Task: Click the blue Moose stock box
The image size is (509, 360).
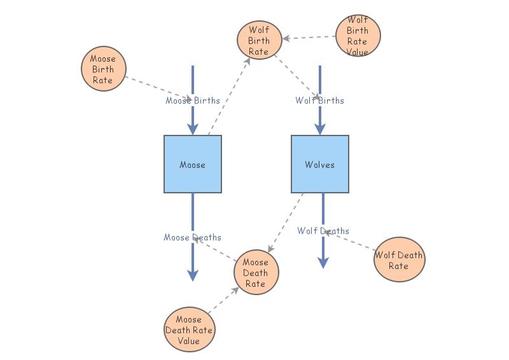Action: (x=193, y=164)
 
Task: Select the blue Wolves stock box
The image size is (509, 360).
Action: (x=320, y=164)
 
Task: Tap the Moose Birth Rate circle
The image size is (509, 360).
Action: (x=104, y=69)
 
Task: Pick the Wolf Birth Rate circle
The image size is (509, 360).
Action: (x=259, y=40)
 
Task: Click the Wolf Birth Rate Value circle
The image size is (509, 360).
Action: (x=358, y=36)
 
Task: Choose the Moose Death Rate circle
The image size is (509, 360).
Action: (x=256, y=272)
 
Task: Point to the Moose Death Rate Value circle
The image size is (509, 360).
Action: (x=189, y=329)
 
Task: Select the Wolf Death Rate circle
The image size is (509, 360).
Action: (x=399, y=260)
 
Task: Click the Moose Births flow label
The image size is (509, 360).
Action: (x=193, y=100)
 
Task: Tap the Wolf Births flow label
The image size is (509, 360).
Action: (x=319, y=100)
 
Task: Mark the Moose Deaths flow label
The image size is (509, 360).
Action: (x=192, y=237)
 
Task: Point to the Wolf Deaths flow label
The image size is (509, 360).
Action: (x=323, y=231)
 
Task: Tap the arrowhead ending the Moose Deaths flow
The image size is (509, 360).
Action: (x=193, y=275)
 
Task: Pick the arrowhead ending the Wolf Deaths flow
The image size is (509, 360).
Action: (x=323, y=262)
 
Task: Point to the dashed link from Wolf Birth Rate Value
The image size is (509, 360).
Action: (x=310, y=38)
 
